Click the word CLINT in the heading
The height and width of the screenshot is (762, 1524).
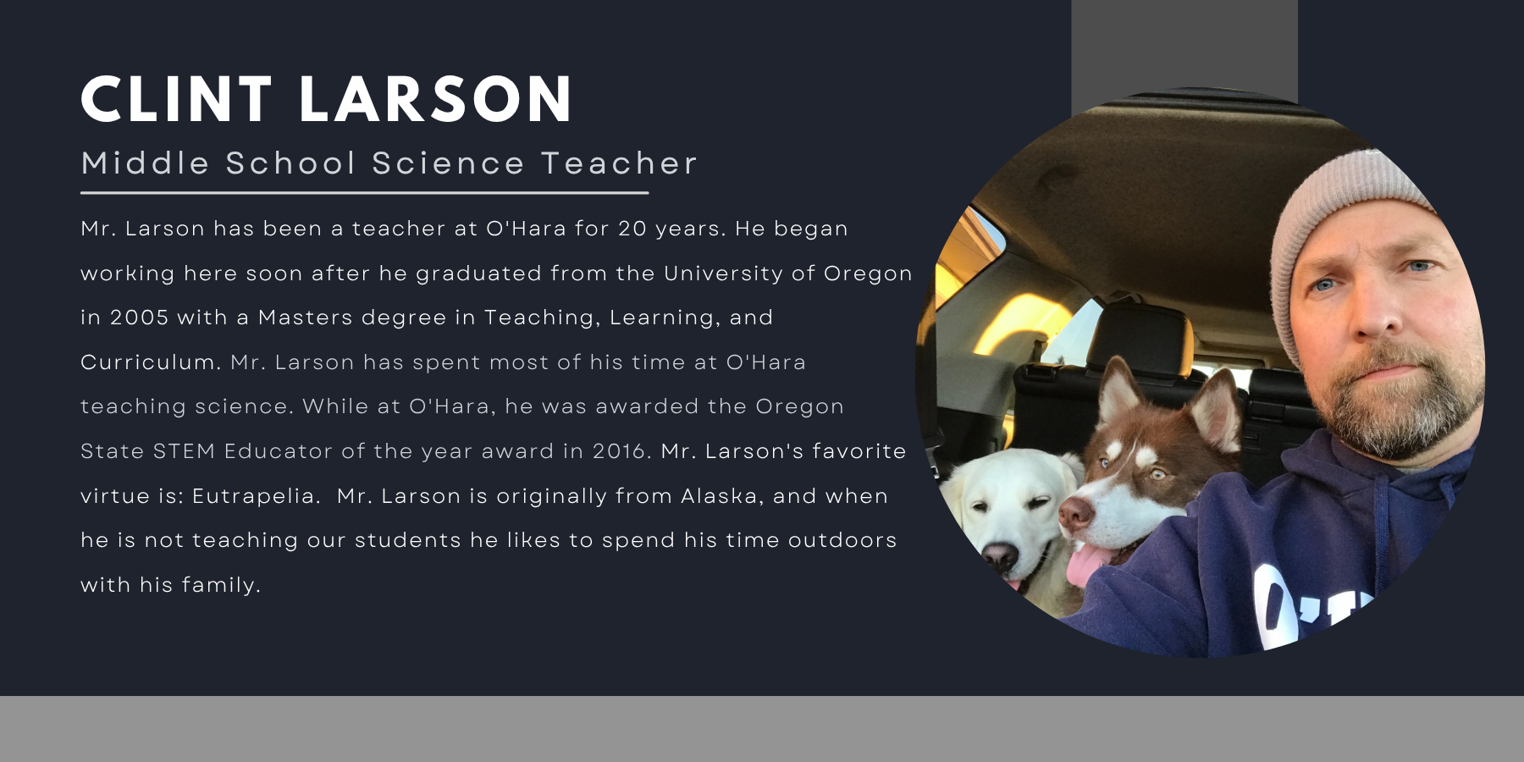pos(176,99)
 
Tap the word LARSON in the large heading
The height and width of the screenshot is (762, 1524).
pos(437,99)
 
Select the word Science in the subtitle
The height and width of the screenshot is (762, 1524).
pos(449,163)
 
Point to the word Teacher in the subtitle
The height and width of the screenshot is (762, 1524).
pos(619,163)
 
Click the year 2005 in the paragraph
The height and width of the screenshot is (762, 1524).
pos(140,317)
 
